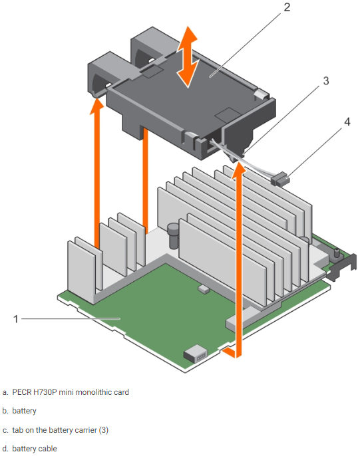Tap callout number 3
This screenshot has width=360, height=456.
[x=325, y=81]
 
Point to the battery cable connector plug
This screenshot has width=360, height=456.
[x=280, y=177]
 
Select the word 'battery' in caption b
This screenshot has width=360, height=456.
[x=24, y=411]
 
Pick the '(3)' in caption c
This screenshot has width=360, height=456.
[x=102, y=430]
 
